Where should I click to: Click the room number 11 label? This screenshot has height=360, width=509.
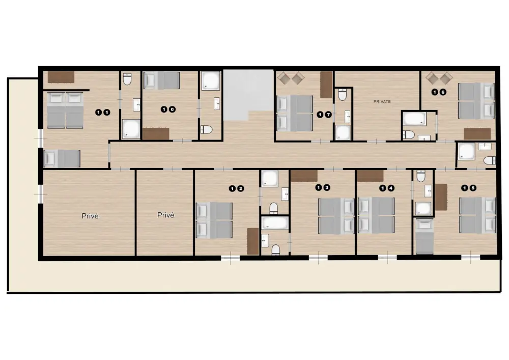103,113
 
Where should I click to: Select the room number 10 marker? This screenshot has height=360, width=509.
168,109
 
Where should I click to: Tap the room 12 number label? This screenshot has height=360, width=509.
236,188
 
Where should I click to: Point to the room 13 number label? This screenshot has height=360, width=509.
323,187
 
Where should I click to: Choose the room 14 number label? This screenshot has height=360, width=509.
387,188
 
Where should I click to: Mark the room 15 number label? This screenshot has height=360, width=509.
469,188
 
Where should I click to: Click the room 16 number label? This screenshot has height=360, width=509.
439,92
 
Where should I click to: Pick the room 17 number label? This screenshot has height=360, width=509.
324,115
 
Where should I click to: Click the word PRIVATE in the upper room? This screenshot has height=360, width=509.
382,102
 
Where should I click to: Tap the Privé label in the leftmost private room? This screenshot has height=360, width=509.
90,216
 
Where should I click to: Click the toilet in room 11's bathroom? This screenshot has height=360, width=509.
127,79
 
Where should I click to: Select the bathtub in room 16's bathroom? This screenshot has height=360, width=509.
414,119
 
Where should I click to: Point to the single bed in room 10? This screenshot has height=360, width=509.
162,80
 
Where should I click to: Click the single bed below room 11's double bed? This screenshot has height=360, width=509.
62,159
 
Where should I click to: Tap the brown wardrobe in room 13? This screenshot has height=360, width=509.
304,176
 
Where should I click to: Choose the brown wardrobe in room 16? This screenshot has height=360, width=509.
477,134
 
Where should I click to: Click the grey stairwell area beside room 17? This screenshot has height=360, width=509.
248,95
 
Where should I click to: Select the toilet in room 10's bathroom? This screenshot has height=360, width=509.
207,130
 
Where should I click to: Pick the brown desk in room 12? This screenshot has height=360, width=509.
253,241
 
